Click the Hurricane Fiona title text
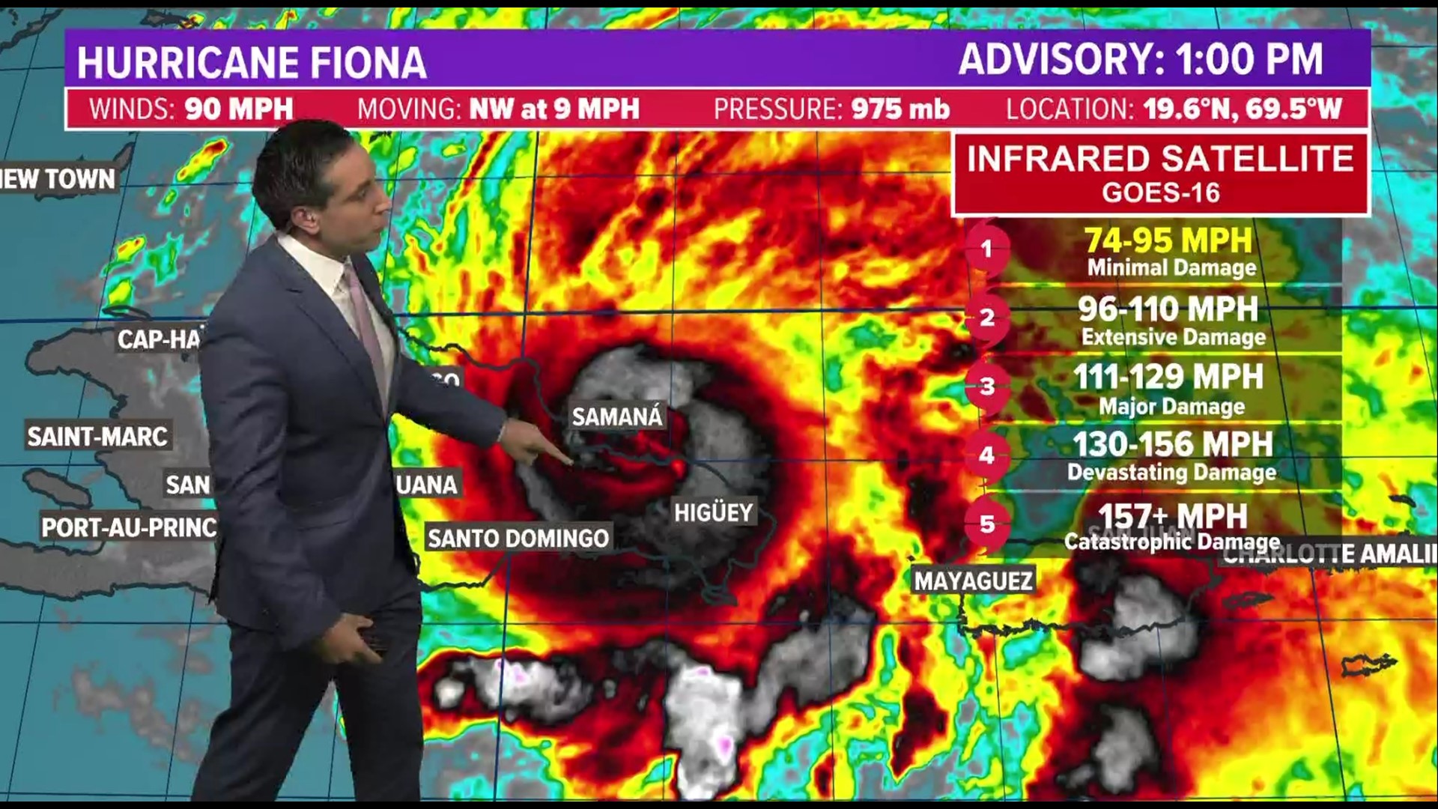(252, 61)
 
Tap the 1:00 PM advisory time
(1249, 60)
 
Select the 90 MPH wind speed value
(239, 109)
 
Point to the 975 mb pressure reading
(900, 109)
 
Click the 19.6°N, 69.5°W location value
(1243, 109)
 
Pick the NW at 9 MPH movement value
(554, 109)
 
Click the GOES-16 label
(1161, 193)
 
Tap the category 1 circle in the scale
(987, 249)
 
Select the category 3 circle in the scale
(987, 387)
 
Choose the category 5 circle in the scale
(987, 524)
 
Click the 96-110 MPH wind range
(1168, 309)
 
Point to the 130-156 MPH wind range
(1172, 444)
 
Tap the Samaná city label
(617, 416)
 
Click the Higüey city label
(713, 512)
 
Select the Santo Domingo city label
(518, 538)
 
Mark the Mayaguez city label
(974, 580)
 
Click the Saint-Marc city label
(97, 436)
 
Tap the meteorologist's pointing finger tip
(571, 462)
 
